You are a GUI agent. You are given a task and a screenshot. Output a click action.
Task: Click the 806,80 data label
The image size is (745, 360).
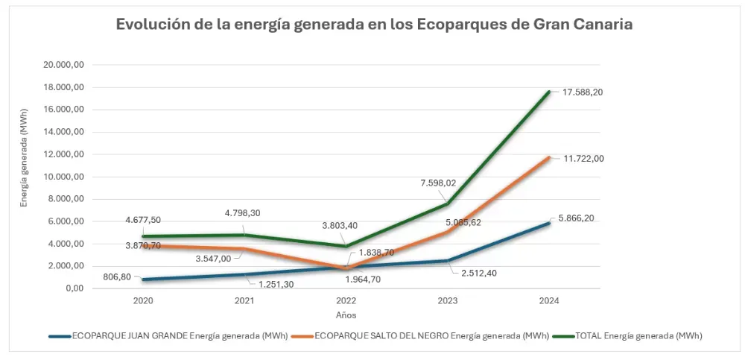coord(118,277)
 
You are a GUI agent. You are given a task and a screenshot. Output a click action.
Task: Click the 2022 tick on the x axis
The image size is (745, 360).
coord(346,301)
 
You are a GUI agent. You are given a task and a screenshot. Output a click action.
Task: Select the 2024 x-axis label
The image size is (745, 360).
coord(549,301)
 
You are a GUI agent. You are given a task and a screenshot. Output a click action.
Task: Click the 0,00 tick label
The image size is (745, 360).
coord(73,289)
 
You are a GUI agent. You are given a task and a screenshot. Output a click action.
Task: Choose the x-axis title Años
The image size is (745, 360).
coord(346,315)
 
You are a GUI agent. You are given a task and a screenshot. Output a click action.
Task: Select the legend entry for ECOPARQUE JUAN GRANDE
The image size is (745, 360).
coord(168,336)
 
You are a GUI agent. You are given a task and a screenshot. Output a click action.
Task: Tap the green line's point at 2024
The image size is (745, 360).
coord(549,92)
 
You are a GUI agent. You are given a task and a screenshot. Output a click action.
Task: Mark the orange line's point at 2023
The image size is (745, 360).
coord(448,232)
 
